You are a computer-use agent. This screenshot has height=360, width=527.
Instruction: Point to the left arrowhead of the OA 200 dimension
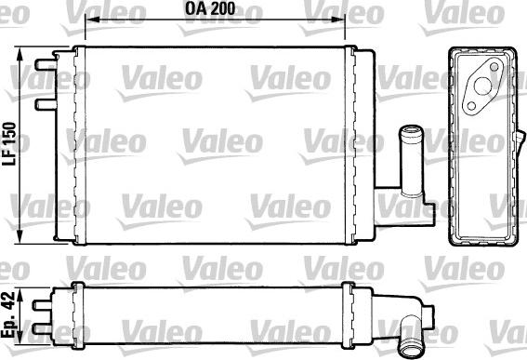coord(79,27)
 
